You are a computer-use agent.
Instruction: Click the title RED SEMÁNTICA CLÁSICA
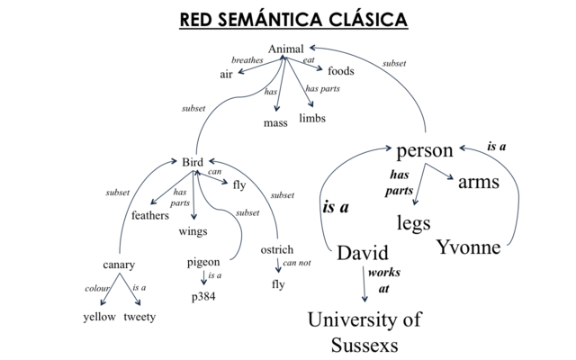292,19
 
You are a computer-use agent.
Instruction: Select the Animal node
286,49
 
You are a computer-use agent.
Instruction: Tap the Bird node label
193,162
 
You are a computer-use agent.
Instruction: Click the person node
425,151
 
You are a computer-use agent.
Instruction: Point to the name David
363,253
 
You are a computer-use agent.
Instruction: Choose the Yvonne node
468,247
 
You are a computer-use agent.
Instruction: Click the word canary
119,265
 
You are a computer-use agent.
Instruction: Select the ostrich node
276,249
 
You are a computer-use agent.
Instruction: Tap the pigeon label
203,262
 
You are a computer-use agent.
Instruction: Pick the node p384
203,296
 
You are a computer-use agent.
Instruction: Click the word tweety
139,317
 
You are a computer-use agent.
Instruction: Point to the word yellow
99,317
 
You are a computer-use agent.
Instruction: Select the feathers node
150,216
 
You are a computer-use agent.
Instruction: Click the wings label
193,231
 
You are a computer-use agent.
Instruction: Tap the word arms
479,183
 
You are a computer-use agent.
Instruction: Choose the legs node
414,222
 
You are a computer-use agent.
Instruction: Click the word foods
341,71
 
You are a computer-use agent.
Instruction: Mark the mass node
275,123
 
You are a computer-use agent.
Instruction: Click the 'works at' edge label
384,281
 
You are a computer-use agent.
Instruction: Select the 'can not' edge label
298,264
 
